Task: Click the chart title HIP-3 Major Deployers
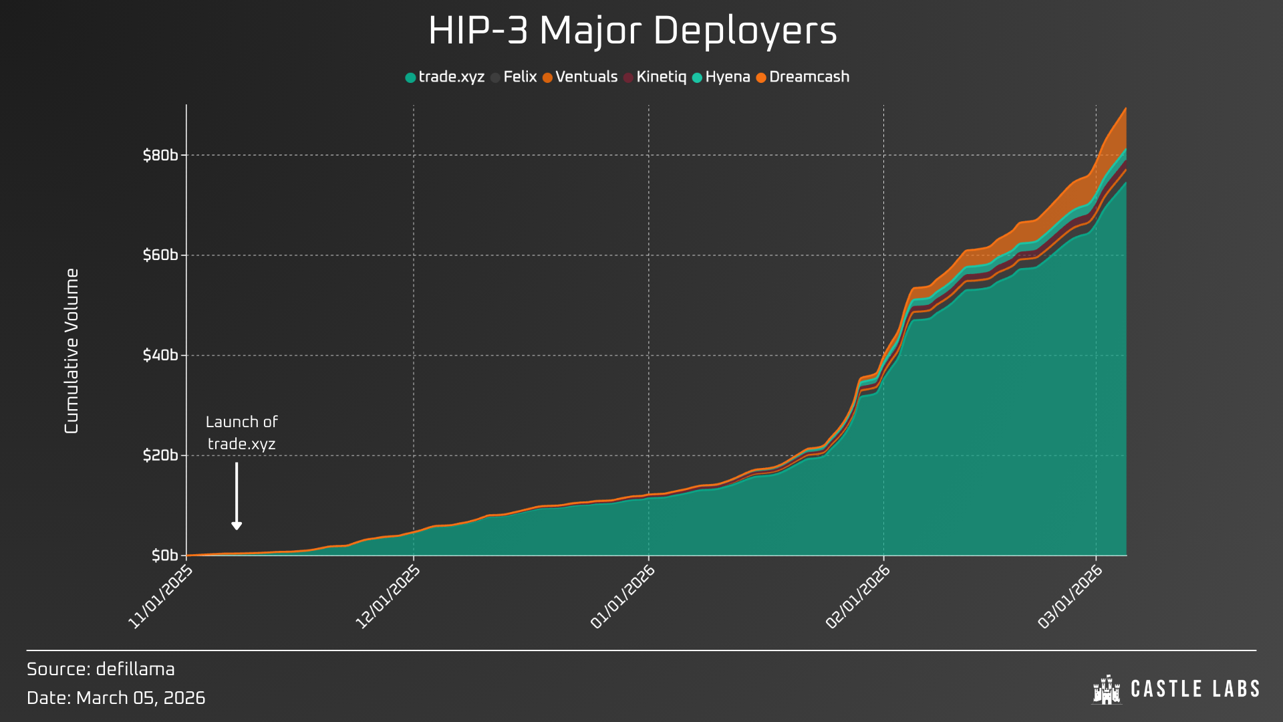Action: click(632, 31)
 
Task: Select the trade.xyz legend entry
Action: click(445, 77)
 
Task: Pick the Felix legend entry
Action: click(514, 77)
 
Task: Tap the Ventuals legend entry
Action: click(580, 77)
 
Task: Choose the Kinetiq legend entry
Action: click(655, 77)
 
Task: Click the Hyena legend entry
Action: click(721, 77)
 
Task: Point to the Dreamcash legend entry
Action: click(803, 77)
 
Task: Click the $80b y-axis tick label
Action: click(160, 155)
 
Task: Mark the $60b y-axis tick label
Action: click(160, 255)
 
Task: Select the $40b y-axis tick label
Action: click(160, 355)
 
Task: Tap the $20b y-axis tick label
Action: click(160, 455)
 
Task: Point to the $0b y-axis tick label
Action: click(164, 556)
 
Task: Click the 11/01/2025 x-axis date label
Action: click(160, 597)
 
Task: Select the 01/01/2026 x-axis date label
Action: click(622, 597)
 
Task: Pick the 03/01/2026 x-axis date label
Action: click(1070, 597)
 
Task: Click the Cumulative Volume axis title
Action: click(72, 351)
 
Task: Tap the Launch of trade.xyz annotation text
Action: click(242, 433)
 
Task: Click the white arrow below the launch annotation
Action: click(237, 496)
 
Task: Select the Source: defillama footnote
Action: click(101, 669)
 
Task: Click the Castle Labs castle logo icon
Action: click(1106, 689)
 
